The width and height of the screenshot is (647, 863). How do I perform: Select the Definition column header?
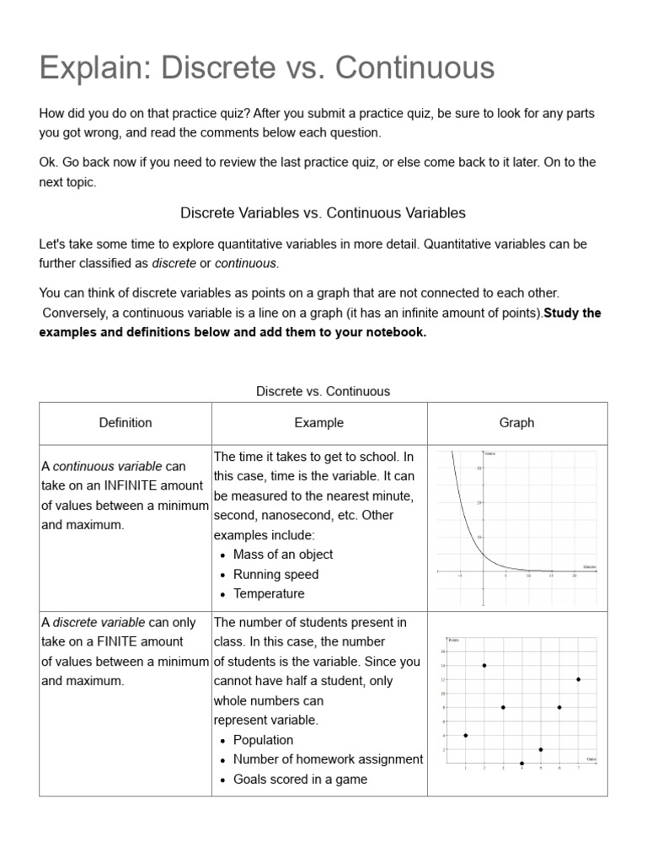pos(126,423)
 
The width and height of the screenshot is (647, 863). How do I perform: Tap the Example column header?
pos(318,423)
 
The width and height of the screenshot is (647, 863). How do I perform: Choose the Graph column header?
pos(516,423)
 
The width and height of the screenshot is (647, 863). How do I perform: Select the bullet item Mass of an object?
pos(283,555)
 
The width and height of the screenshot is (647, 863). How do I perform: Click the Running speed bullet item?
pos(275,574)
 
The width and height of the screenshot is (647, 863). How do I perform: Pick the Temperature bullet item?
pos(269,593)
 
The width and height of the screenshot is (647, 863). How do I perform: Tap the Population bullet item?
pos(263,740)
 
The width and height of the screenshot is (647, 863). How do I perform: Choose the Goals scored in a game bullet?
pos(300,780)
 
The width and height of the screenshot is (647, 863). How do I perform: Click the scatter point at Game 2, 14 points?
pos(484,665)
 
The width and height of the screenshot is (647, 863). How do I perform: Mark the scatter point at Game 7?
pos(579,679)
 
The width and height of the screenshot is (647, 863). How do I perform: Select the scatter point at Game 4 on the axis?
pos(522,764)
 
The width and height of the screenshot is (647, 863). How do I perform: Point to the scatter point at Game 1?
pos(466,735)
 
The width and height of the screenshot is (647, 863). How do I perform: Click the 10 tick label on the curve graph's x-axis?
pos(528,576)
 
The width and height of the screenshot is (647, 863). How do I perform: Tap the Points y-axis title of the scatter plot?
pos(454,642)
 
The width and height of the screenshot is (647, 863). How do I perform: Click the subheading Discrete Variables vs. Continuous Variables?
pos(323,213)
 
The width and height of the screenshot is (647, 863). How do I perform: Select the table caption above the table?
pos(323,391)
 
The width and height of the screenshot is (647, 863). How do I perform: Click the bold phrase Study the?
pos(573,313)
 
